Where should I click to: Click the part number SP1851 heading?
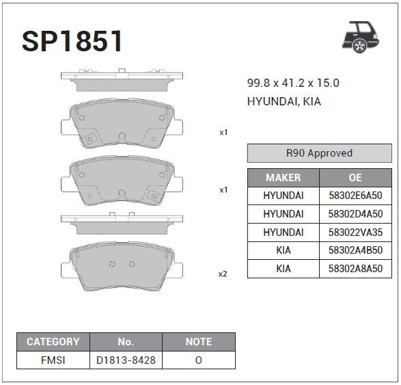click(x=72, y=41)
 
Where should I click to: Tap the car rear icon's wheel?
click(x=359, y=46)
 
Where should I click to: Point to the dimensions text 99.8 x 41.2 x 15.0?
click(x=293, y=83)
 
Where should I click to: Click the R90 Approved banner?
click(x=320, y=153)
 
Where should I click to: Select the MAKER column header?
click(x=284, y=177)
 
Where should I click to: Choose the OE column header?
click(x=355, y=177)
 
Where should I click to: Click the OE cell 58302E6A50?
click(x=355, y=196)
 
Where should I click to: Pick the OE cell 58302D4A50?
click(x=355, y=214)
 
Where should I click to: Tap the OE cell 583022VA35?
click(x=355, y=233)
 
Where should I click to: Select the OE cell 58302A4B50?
click(x=355, y=250)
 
